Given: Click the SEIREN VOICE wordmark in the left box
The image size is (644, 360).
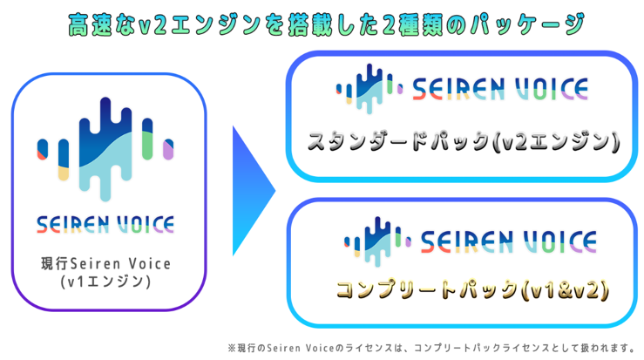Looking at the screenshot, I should point(105,224).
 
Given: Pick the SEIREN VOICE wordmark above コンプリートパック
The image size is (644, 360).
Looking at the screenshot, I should point(508,240).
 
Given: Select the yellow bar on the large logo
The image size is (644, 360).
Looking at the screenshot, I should point(63,170).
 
